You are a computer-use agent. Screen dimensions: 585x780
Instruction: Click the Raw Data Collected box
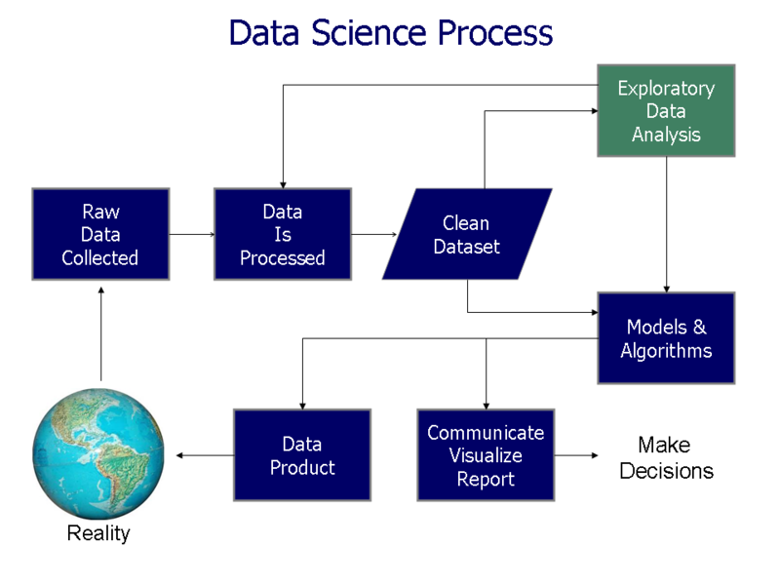pos(100,235)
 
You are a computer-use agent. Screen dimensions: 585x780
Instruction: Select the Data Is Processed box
pos(283,235)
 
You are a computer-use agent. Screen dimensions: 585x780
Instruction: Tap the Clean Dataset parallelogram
pos(466,235)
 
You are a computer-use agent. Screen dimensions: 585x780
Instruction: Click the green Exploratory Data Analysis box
pos(666,111)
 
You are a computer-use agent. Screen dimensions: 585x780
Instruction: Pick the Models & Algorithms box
pos(666,338)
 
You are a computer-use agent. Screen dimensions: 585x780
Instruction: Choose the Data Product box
pos(302,455)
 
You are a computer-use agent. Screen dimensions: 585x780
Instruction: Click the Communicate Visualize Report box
pos(486,455)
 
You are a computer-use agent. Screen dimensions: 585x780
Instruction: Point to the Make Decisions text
pos(667,458)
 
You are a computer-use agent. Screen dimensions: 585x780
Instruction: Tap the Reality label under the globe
pos(97,533)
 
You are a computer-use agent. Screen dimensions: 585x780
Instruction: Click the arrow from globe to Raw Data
pos(100,336)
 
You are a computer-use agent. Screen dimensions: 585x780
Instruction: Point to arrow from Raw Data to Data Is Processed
pos(191,234)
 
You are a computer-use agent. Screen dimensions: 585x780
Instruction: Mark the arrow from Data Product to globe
pos(204,455)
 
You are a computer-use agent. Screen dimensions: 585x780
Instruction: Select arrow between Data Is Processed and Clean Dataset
pos(373,234)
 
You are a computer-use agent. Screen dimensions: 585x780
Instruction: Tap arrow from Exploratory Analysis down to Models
pos(667,224)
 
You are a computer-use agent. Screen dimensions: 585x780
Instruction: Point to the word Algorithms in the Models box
pos(666,351)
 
